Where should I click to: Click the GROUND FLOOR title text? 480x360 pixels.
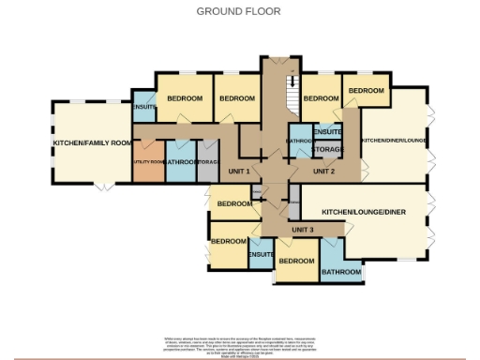(238, 11)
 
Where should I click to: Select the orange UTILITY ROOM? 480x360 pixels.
(147, 161)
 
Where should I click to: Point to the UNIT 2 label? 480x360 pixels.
(323, 172)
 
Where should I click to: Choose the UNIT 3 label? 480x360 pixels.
(302, 230)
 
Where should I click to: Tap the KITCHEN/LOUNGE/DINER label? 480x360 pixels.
(367, 213)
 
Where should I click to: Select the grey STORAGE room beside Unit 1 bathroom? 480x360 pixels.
(208, 161)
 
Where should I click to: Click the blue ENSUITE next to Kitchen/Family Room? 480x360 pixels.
(144, 107)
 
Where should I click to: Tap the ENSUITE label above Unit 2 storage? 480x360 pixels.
(328, 131)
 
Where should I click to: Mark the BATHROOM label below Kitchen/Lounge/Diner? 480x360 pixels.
(341, 272)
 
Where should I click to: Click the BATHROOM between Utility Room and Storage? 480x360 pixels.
(182, 161)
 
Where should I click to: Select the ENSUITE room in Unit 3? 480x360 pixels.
(262, 254)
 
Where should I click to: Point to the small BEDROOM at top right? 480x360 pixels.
(366, 90)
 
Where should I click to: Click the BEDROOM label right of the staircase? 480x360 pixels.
(321, 98)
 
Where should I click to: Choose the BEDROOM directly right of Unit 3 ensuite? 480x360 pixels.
(296, 261)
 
